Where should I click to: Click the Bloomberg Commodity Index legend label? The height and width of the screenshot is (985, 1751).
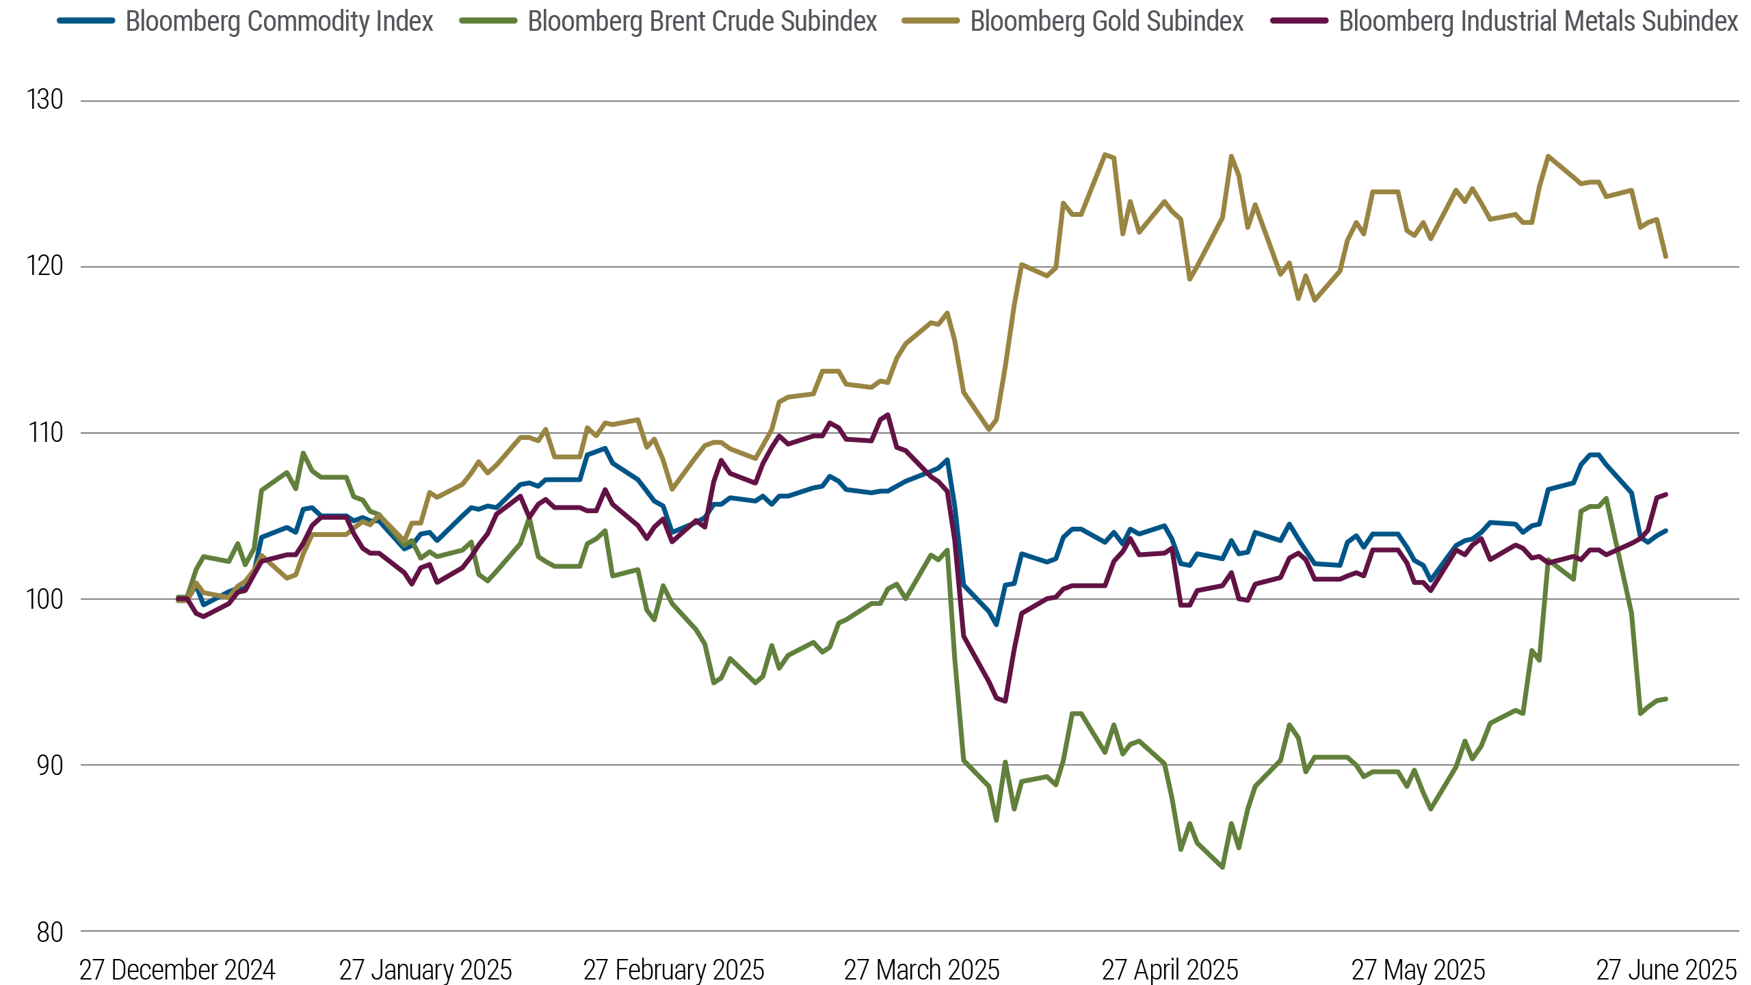(x=279, y=22)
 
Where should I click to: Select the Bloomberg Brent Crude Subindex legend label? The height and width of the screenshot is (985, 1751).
(x=702, y=22)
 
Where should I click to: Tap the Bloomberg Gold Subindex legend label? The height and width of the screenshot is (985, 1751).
(x=1107, y=22)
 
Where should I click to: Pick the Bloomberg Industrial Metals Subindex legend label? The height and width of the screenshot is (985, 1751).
(x=1538, y=22)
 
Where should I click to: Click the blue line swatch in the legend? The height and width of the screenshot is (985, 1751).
(x=85, y=21)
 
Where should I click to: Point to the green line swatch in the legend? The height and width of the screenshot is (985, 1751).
(x=488, y=21)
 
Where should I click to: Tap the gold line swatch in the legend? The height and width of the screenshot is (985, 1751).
(x=930, y=21)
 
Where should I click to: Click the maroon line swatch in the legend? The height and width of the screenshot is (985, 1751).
(x=1299, y=21)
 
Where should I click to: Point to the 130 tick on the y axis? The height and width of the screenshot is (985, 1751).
(x=45, y=100)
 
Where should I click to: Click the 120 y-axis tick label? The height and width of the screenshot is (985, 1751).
(x=45, y=266)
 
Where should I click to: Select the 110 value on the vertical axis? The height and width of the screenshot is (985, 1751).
(x=45, y=432)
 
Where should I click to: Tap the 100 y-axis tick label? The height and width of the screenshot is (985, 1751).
(x=45, y=599)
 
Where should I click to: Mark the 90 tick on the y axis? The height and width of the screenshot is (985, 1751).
(x=49, y=765)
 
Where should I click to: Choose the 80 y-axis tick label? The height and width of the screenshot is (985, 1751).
(x=49, y=932)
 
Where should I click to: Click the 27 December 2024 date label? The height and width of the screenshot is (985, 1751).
(x=177, y=970)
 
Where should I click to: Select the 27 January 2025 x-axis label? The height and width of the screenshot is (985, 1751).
(x=425, y=970)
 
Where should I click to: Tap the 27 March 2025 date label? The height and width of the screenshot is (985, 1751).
(x=921, y=970)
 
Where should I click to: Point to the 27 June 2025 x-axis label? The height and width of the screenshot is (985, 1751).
(x=1666, y=970)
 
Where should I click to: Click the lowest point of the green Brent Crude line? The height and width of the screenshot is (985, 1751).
(x=1222, y=867)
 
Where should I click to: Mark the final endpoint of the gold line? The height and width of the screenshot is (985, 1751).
(x=1666, y=257)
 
